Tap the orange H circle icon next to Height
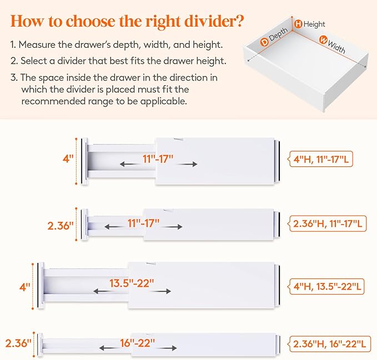pyautogui.click(x=298, y=24)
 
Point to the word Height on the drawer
pyautogui.click(x=314, y=24)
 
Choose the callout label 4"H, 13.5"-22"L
pyautogui.click(x=328, y=287)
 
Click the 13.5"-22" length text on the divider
pyautogui.click(x=132, y=283)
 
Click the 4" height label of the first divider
pyautogui.click(x=68, y=158)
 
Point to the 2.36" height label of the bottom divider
pyautogui.click(x=17, y=343)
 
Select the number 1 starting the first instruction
pyautogui.click(x=12, y=44)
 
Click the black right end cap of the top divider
pyautogui.click(x=279, y=161)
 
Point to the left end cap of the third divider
pyautogui.click(x=41, y=285)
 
